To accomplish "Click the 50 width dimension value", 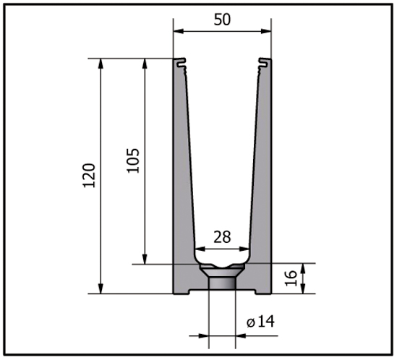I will pos(222,20).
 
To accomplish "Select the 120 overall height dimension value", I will pos(89,176).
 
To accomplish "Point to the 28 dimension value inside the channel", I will pos(222,236).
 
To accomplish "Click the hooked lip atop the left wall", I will pos(181,64).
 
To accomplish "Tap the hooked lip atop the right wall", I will pos(265,64).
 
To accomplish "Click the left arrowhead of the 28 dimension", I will pos(197,248).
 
